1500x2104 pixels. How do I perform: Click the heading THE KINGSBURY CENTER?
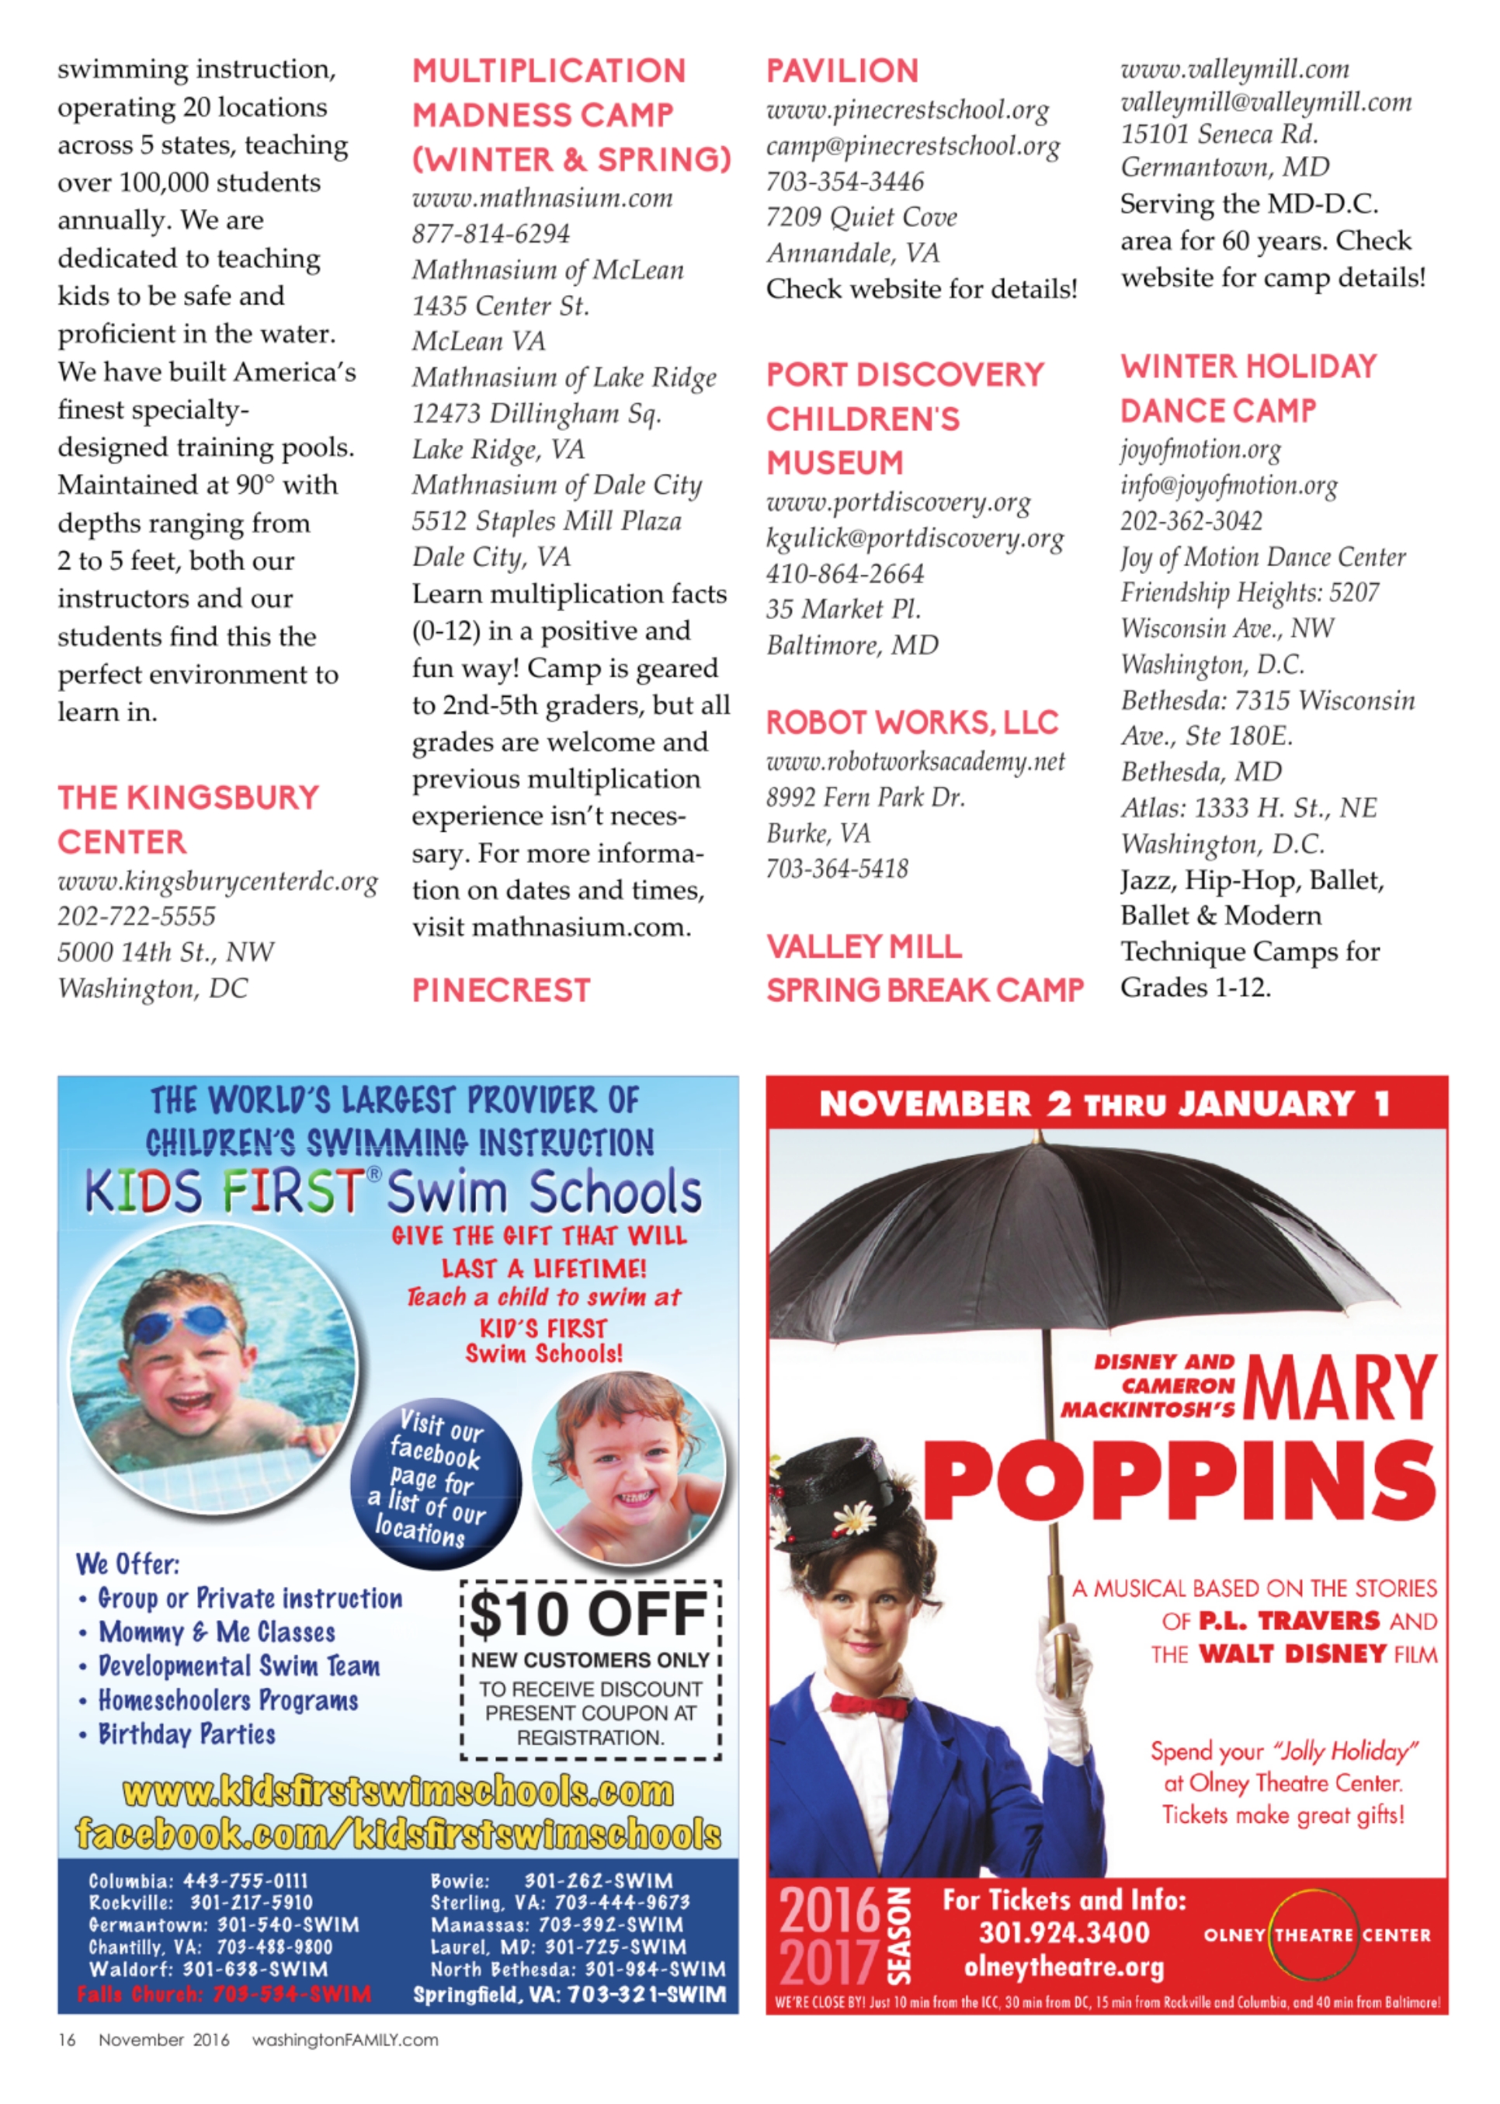pos(188,819)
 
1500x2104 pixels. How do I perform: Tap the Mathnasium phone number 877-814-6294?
pos(491,234)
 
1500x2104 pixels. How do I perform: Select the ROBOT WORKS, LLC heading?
pos(911,722)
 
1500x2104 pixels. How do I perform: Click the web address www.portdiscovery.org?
pos(898,502)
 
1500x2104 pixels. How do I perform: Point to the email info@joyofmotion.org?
pos(1228,485)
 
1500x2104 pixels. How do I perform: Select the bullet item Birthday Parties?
pos(186,1734)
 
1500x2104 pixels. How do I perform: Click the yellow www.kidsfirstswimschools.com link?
pos(398,1791)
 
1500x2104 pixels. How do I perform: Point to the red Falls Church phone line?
pos(224,1993)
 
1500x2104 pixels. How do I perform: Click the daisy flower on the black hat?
pos(854,1515)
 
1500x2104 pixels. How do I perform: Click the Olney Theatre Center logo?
pos(1316,1934)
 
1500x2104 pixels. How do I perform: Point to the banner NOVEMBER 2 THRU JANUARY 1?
pos(1105,1104)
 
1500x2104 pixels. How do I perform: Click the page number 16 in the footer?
pos(68,2040)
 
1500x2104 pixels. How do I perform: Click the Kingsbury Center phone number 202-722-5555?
pos(137,916)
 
